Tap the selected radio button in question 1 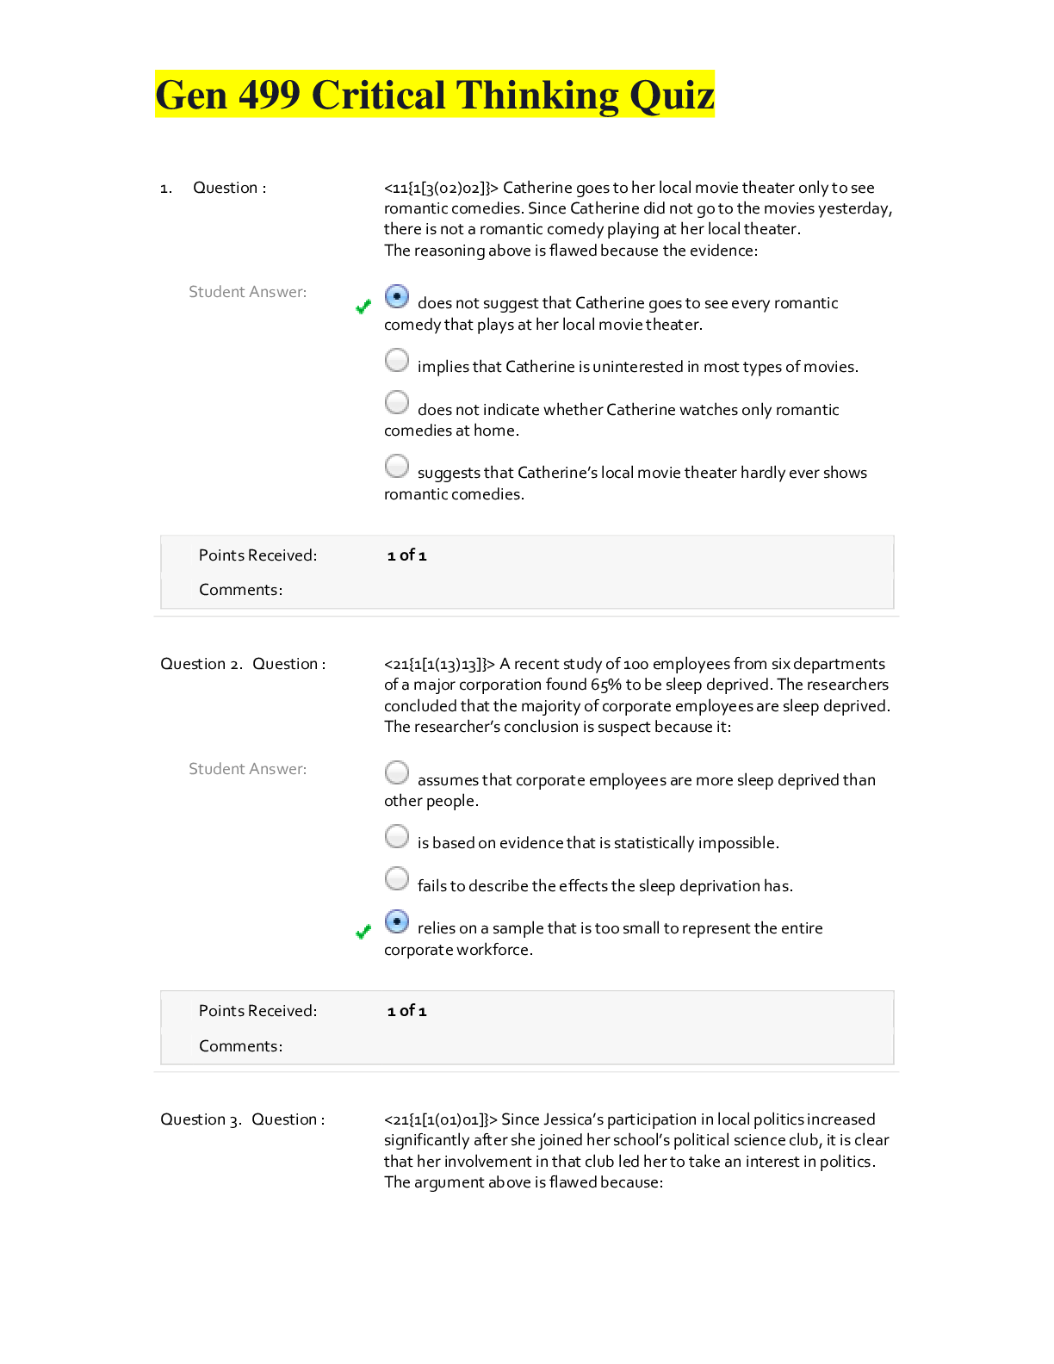coord(397,297)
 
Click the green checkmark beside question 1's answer coord(363,307)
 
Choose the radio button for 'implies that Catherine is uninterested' coord(397,360)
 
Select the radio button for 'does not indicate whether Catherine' coord(397,402)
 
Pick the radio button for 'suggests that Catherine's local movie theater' coord(397,466)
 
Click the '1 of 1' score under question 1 coord(406,555)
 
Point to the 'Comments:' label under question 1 coord(240,590)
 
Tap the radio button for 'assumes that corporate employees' coord(397,772)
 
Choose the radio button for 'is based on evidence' coord(397,836)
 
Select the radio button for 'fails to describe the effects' coord(397,878)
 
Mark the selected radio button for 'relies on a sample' coord(397,921)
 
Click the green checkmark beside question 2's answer coord(363,932)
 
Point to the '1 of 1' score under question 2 coord(406,1011)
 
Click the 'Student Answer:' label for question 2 coord(247,769)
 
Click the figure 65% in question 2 coord(606,685)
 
